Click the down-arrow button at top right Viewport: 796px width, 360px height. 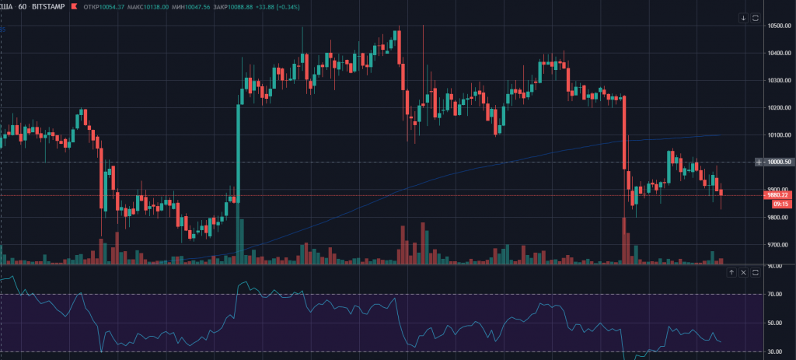(743, 18)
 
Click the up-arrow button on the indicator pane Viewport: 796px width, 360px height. (731, 272)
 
